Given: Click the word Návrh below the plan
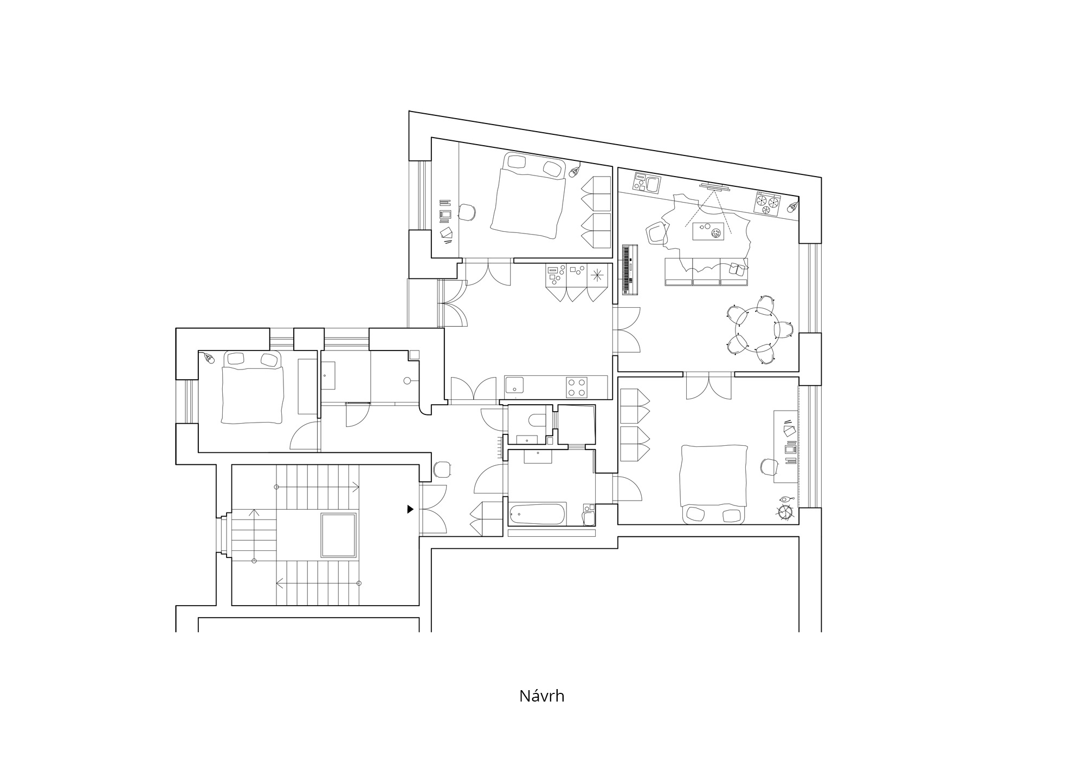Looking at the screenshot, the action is [x=541, y=696].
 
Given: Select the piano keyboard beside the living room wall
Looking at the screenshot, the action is [x=630, y=270].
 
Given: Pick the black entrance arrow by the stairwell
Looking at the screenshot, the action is [x=410, y=509].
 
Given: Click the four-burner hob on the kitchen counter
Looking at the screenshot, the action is [x=577, y=387].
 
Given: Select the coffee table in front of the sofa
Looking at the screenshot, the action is [x=708, y=231].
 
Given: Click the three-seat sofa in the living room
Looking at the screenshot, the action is [x=706, y=271].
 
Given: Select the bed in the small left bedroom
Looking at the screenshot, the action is [x=252, y=387].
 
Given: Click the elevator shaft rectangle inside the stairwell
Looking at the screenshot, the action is [x=339, y=536].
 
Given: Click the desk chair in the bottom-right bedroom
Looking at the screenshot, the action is [x=769, y=467].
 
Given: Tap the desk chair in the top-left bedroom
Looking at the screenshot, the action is [x=467, y=212].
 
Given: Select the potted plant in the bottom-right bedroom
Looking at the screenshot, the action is [x=785, y=511].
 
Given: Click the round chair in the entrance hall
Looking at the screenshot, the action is [x=442, y=470].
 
